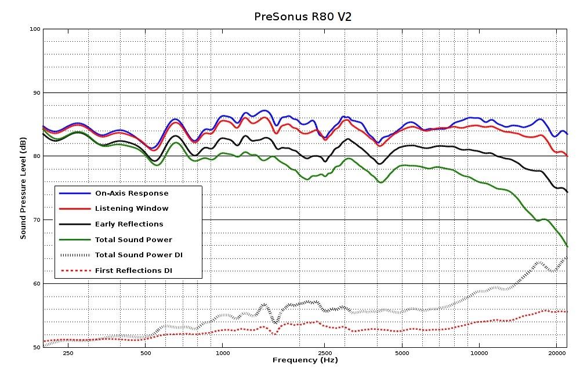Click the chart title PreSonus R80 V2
303,16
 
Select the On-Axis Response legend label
132,193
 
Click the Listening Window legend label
132,208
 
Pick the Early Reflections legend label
129,224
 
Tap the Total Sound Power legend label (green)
133,239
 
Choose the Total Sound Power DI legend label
139,255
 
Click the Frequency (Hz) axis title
305,361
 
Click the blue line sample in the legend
75,193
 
